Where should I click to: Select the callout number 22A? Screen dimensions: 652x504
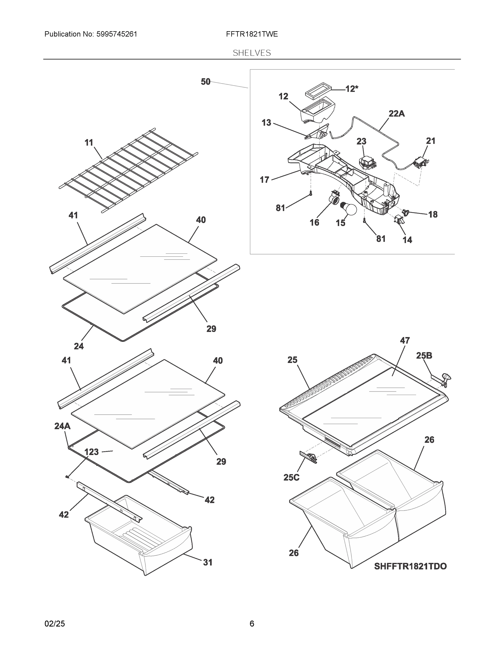coord(396,114)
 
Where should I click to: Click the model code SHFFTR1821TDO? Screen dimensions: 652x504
coord(410,566)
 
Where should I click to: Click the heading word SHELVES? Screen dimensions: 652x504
coord(252,53)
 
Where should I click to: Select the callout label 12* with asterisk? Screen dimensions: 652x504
coord(352,89)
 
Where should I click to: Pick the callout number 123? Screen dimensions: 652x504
coord(91,452)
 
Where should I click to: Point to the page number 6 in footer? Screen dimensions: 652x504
coord(252,624)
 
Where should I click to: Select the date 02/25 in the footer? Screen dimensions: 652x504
coord(55,624)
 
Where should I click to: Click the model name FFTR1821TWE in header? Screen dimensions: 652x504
coord(252,34)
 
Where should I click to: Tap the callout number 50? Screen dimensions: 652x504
coord(205,82)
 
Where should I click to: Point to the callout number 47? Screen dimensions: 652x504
coord(405,340)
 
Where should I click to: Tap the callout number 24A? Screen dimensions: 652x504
coord(62,426)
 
